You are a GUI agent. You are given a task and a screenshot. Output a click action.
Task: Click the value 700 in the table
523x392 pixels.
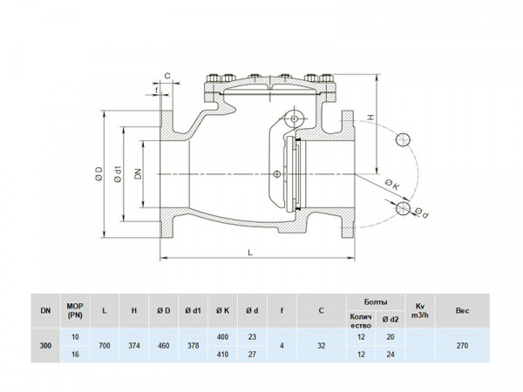pyautogui.click(x=104, y=345)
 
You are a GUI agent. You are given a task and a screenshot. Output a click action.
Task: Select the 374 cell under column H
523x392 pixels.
pyautogui.click(x=133, y=345)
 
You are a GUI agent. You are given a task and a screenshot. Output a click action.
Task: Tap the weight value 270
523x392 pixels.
pyautogui.click(x=463, y=345)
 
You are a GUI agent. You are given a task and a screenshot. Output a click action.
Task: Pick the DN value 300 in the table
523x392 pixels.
pyautogui.click(x=44, y=345)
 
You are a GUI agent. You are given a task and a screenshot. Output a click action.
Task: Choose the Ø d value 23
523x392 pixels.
pyautogui.click(x=252, y=335)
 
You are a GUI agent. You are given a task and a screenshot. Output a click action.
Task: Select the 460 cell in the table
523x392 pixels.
pyautogui.click(x=162, y=345)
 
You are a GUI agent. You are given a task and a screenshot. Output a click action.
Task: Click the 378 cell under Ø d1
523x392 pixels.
pyautogui.click(x=192, y=345)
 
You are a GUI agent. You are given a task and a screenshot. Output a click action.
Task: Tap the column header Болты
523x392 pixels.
pyautogui.click(x=376, y=301)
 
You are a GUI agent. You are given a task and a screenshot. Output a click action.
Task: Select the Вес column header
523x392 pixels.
pyautogui.click(x=463, y=309)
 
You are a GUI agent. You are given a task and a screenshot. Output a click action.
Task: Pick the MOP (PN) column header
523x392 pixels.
pyautogui.click(x=74, y=309)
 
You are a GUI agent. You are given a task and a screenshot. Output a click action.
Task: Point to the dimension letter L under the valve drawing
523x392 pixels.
pyautogui.click(x=250, y=253)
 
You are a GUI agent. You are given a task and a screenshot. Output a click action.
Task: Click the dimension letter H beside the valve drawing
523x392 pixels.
pyautogui.click(x=370, y=116)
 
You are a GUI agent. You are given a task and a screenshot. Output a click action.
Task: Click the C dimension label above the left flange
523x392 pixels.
pyautogui.click(x=166, y=76)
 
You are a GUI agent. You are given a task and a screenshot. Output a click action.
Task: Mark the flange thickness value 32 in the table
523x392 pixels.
pyautogui.click(x=322, y=345)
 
